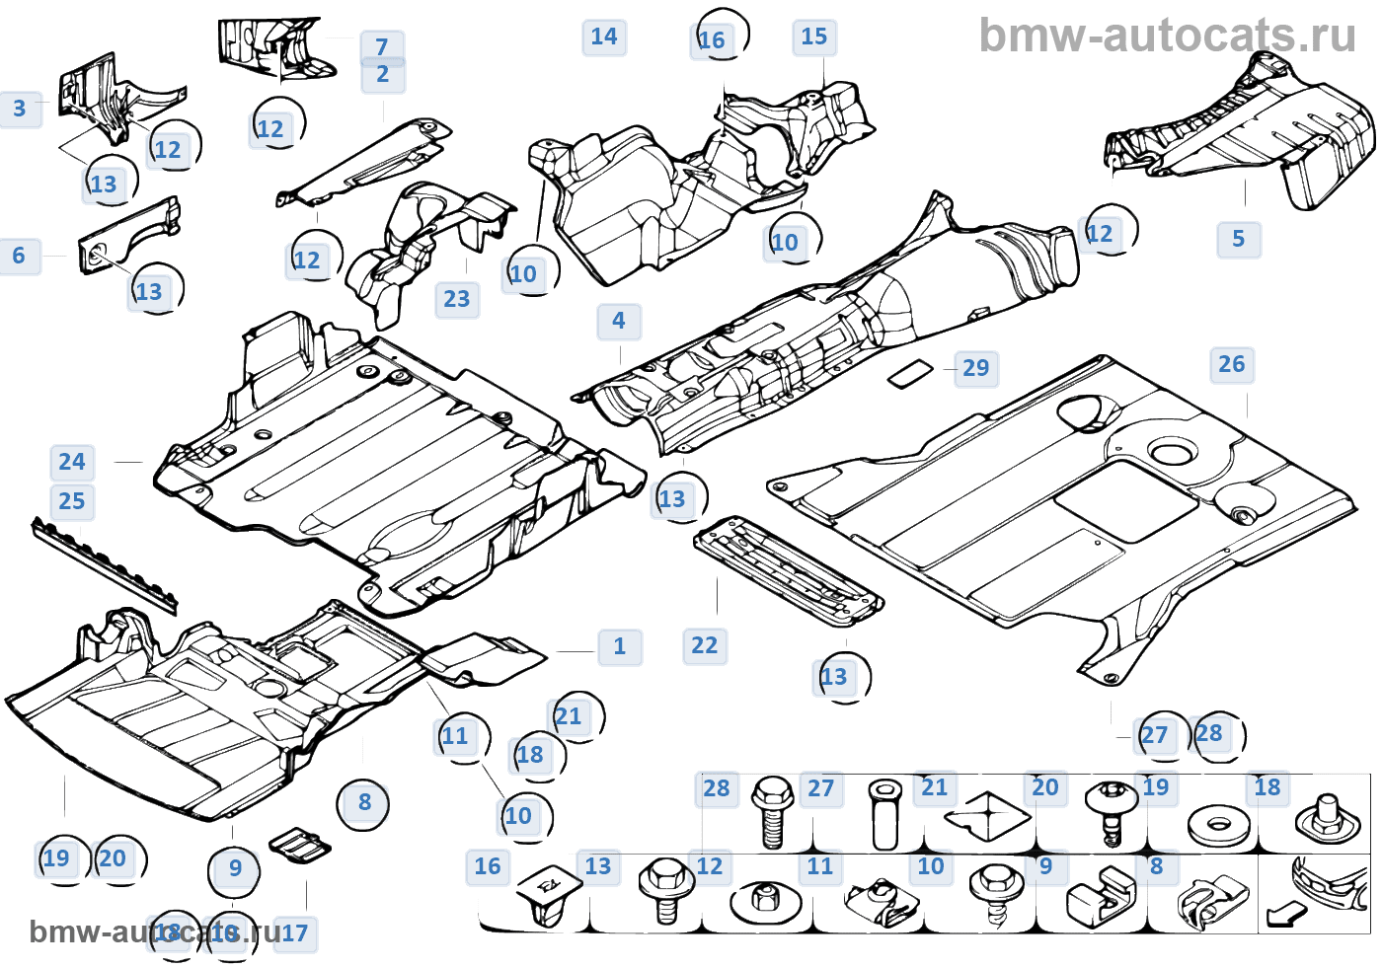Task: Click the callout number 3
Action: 20,109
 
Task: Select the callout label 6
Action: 19,257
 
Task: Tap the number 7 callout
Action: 382,46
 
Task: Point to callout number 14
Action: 603,37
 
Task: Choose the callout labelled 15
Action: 813,37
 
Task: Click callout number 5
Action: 1238,239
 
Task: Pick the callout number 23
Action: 456,299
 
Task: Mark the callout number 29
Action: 975,368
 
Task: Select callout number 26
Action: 1231,364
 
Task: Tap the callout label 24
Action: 71,462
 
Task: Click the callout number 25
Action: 71,501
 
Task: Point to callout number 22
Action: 704,645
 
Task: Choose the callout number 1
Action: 619,646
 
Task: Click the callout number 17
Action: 295,933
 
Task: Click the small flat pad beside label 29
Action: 909,373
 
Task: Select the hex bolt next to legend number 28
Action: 772,813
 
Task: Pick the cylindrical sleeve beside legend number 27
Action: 885,813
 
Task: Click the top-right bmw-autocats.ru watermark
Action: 1167,37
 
